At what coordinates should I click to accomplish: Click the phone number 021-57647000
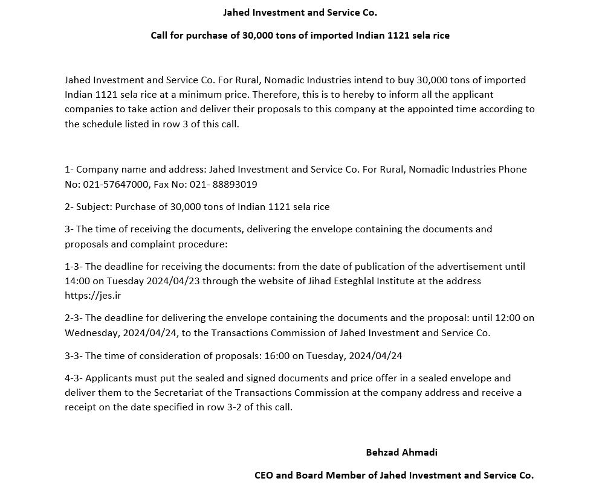click(113, 184)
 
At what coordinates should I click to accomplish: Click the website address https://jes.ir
click(89, 296)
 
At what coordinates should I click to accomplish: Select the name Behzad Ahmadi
click(401, 452)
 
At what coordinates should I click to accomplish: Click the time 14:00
click(77, 281)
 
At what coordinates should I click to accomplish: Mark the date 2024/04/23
click(176, 281)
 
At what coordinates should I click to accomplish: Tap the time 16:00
click(277, 355)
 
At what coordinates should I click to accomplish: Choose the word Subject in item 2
click(93, 206)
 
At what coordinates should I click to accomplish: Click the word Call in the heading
click(160, 36)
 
